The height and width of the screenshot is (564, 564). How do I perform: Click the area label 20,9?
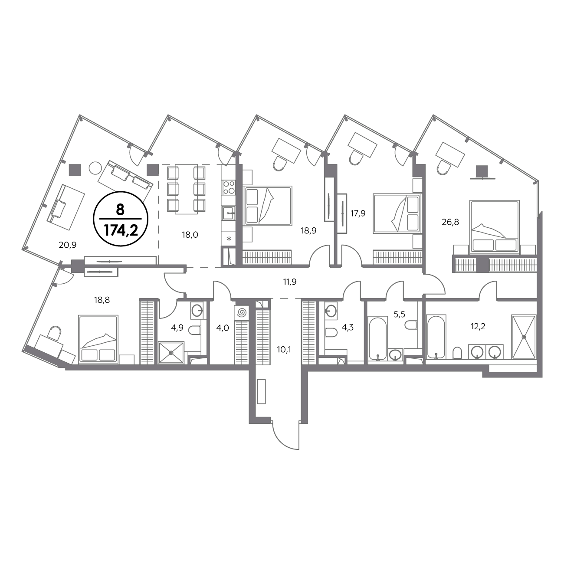(x=68, y=245)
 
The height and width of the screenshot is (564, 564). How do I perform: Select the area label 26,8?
(x=450, y=222)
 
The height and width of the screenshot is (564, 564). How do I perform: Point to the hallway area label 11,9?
(x=290, y=282)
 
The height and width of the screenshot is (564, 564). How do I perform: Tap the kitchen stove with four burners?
(x=229, y=187)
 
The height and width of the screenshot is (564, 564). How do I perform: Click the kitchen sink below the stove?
(x=229, y=213)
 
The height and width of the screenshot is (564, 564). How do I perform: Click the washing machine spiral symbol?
(x=242, y=312)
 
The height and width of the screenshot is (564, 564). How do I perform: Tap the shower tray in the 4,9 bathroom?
(x=171, y=353)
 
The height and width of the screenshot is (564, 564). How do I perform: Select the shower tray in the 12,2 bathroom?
(x=524, y=337)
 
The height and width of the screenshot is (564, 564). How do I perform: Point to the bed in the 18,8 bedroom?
(x=98, y=340)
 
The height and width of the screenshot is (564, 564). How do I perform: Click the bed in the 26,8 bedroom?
(x=494, y=227)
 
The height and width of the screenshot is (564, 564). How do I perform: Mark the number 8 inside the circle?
(x=120, y=210)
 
